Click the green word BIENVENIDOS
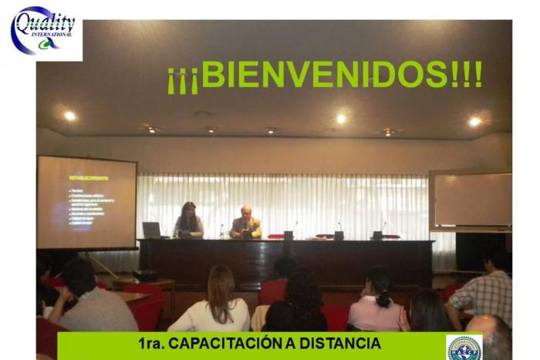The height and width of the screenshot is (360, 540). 323,75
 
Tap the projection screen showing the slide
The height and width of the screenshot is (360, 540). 86,202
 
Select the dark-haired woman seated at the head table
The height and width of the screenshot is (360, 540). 187,221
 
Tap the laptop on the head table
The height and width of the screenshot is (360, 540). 151,230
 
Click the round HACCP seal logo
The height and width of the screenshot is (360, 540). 464,348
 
